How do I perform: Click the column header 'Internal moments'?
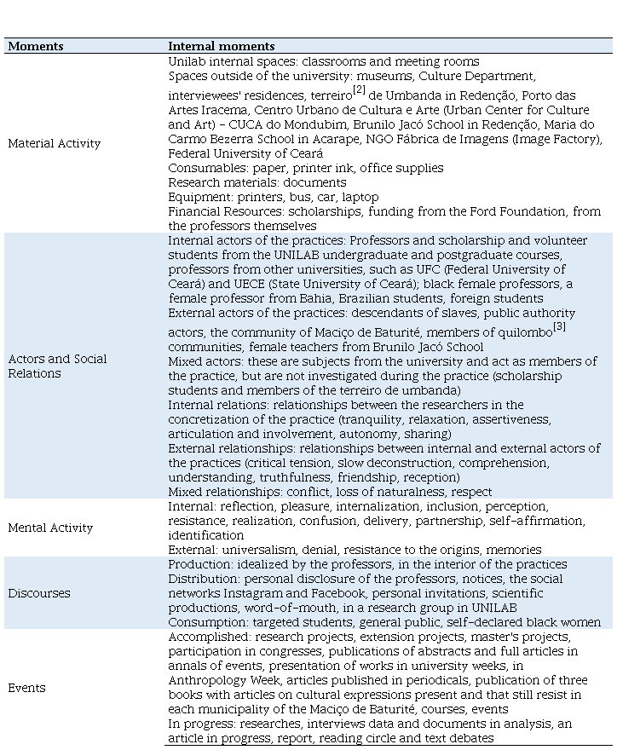tap(221, 46)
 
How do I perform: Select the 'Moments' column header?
tap(36, 46)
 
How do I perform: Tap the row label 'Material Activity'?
tap(54, 144)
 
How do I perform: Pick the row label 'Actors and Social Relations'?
tap(57, 366)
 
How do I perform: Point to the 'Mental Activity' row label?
tap(50, 528)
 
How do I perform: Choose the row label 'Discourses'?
tap(39, 593)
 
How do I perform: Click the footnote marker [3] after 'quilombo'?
tap(559, 326)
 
